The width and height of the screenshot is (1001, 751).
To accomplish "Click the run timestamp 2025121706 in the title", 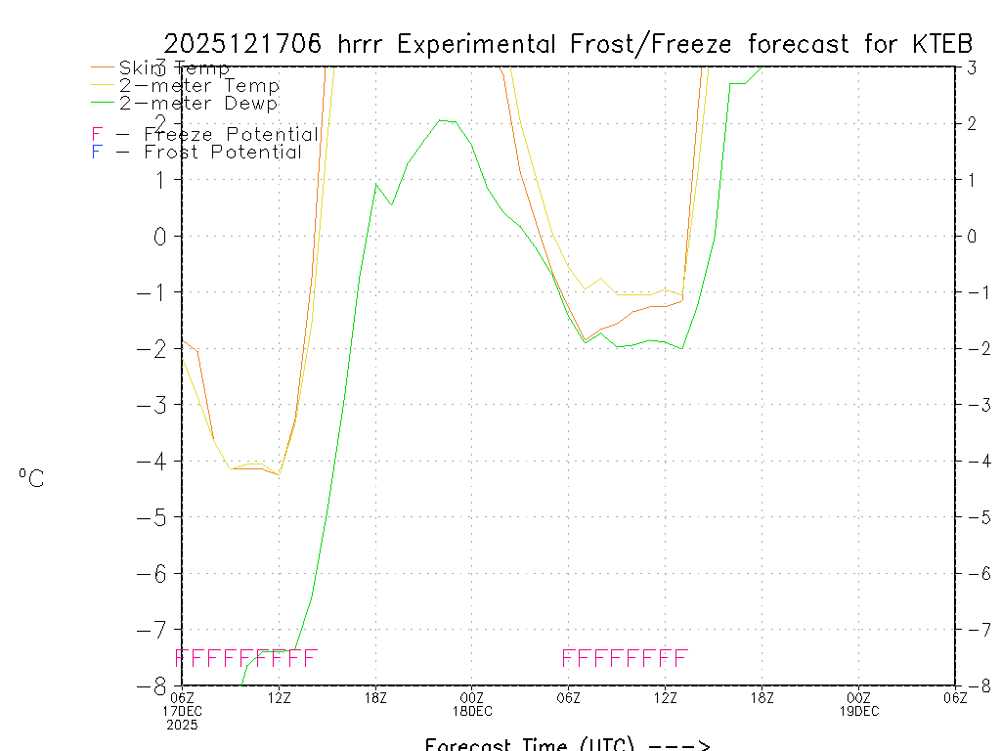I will coord(245,44).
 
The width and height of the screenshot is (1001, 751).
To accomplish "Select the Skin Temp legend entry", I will coord(174,68).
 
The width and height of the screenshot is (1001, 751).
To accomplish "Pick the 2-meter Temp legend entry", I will coord(198,86).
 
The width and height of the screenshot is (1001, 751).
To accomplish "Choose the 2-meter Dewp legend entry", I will coord(198,103).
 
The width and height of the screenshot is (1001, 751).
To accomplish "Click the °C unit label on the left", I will coord(30,478).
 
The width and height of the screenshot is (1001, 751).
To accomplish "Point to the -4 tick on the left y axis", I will coord(154,461).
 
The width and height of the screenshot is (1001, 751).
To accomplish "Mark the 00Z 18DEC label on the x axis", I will coord(472,704).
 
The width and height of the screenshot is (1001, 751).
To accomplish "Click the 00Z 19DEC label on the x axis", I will coord(858,704).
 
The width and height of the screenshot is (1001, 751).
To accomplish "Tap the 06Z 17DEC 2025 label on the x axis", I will coord(182,711).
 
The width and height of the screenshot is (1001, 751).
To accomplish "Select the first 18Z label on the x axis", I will coord(375,697).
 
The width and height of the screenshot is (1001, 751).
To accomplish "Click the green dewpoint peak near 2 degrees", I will coord(441,120).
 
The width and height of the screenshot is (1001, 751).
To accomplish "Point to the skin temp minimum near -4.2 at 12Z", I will coord(279,474).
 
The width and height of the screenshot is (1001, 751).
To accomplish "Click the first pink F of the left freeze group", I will coord(180,657).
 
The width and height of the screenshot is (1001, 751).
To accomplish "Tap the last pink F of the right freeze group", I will coord(681,657).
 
